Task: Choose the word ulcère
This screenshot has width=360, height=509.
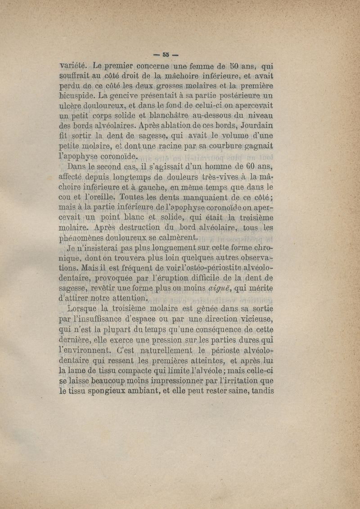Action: [74, 106]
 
